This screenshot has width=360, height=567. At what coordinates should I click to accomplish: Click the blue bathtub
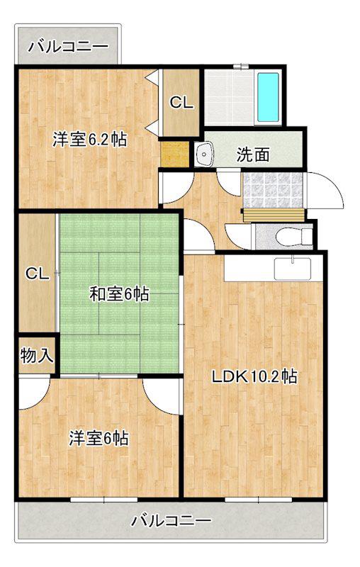267,98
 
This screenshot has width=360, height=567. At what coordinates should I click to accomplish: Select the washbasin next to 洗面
204,155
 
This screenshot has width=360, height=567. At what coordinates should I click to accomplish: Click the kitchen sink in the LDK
293,269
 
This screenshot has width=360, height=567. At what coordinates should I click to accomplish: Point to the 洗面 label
253,155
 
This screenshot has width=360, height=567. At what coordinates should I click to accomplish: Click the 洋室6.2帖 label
89,140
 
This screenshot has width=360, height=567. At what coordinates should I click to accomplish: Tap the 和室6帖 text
119,294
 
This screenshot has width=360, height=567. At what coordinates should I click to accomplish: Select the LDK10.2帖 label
254,377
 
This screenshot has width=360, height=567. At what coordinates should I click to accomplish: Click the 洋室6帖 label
99,439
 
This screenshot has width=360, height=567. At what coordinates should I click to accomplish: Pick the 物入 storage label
37,356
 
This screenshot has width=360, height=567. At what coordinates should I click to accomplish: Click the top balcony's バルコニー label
68,47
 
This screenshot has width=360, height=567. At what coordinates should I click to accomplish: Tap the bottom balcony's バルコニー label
171,521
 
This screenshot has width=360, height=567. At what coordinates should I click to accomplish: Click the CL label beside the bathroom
181,103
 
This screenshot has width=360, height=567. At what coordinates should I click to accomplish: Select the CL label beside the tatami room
37,274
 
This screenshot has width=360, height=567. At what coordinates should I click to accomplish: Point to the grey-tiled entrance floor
273,189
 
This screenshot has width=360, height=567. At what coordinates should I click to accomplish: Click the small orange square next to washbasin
174,155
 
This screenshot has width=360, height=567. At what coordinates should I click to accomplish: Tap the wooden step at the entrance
274,215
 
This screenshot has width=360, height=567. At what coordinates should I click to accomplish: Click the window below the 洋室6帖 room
104,500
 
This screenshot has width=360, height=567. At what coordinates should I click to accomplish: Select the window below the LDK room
258,500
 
